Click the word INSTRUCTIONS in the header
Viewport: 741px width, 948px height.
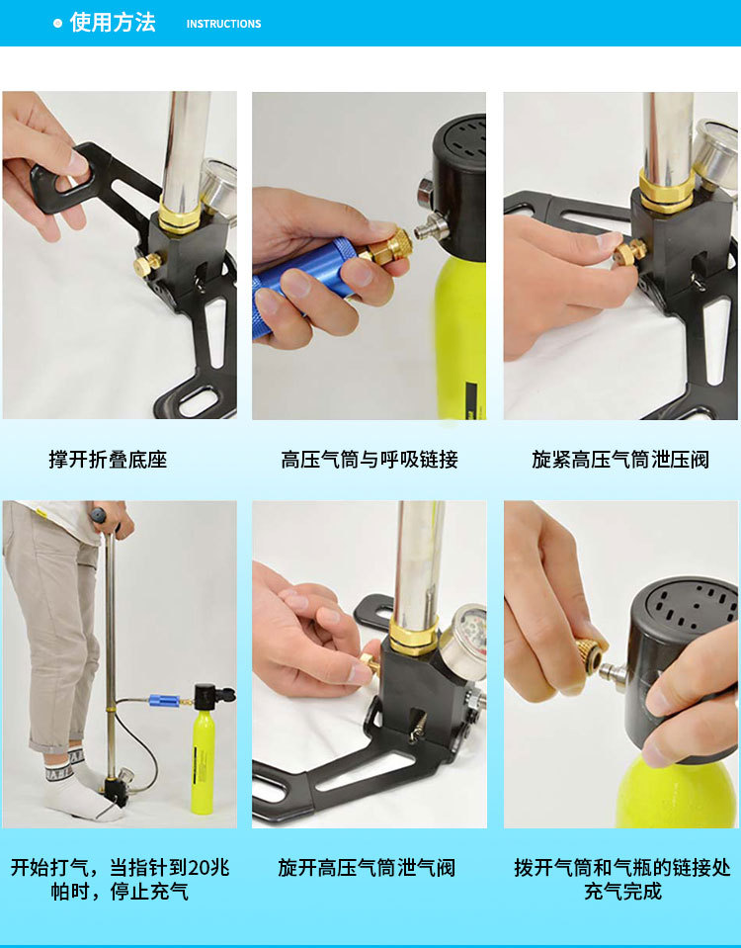tap(223, 24)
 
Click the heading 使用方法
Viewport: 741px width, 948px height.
tap(113, 23)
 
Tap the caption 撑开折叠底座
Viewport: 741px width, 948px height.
tap(108, 460)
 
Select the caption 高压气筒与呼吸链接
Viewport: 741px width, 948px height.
tap(370, 460)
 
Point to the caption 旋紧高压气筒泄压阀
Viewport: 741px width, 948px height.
tap(620, 460)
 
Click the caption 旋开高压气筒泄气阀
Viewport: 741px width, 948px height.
tap(367, 868)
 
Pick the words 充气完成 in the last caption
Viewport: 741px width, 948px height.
tap(622, 892)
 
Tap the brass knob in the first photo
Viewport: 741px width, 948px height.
tap(147, 264)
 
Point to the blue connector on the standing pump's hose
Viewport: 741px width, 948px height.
tap(164, 701)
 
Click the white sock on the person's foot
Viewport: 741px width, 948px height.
tap(79, 792)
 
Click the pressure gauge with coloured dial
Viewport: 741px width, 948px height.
tap(464, 641)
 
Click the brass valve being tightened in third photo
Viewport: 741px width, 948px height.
tap(629, 252)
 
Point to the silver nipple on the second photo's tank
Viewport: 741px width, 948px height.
tap(431, 228)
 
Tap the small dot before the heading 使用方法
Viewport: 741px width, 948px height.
tap(57, 24)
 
